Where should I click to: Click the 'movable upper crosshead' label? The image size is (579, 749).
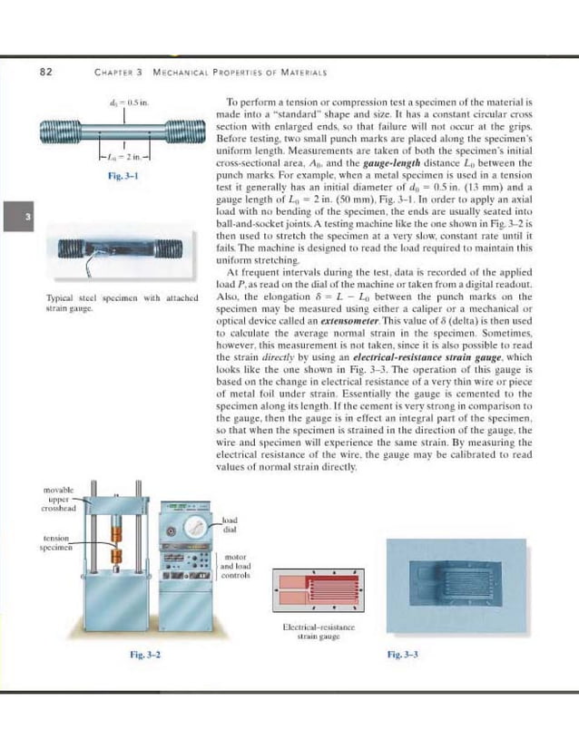(x=60, y=498)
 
